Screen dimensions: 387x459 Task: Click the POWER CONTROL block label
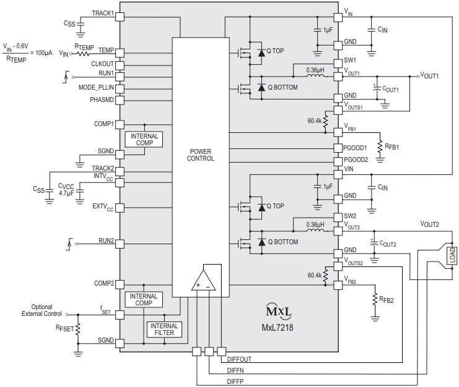coord(201,155)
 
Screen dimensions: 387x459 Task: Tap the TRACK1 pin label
coord(103,14)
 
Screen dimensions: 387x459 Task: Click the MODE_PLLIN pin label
coord(96,87)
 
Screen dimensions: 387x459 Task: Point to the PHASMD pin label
coord(102,99)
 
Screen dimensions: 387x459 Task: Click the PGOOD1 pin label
coord(355,148)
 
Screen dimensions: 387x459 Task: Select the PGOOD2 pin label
coord(355,159)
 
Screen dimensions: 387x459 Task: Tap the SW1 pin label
coord(350,61)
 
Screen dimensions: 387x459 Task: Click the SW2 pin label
coord(350,216)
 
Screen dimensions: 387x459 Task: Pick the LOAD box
coord(452,255)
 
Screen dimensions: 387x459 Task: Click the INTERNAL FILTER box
coord(164,330)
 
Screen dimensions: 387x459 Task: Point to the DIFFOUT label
coord(238,359)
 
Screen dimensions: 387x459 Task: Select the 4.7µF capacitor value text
coord(66,193)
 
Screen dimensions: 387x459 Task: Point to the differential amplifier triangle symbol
coord(202,281)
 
